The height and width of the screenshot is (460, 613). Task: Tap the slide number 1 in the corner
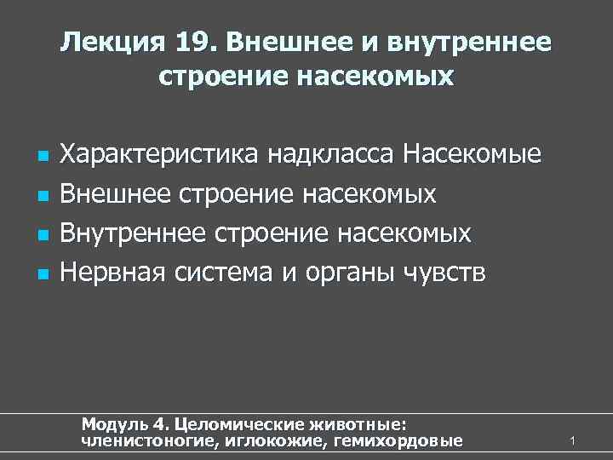(x=574, y=440)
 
